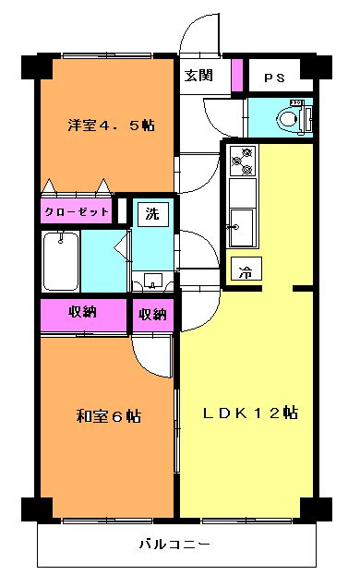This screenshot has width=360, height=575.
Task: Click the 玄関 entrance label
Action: click(x=198, y=76)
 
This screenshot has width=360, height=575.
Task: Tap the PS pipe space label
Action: click(x=274, y=78)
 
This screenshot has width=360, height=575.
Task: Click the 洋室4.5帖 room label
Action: click(x=111, y=126)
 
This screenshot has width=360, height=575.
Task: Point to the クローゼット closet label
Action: click(x=77, y=211)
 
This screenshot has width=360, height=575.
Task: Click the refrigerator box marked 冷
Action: click(x=246, y=269)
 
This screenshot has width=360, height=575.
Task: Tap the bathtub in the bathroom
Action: click(x=61, y=261)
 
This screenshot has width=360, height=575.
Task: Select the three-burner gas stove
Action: click(x=244, y=160)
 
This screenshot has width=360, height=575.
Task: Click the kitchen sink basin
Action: click(x=241, y=227)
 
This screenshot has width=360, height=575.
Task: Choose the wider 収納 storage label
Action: click(x=83, y=312)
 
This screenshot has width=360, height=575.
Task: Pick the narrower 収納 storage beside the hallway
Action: click(x=152, y=315)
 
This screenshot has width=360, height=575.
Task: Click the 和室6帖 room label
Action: click(x=109, y=416)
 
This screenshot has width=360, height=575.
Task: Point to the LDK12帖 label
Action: click(x=250, y=413)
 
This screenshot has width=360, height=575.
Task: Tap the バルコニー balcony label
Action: click(x=174, y=544)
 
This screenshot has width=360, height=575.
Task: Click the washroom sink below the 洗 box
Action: click(x=153, y=282)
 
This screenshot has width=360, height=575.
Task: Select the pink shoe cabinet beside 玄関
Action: click(x=237, y=75)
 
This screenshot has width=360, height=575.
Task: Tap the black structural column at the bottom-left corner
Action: click(x=36, y=509)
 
